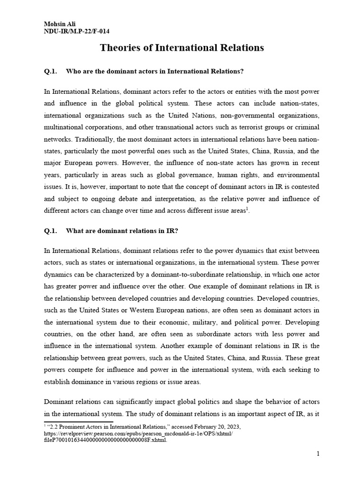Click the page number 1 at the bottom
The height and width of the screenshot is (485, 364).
point(318,454)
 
